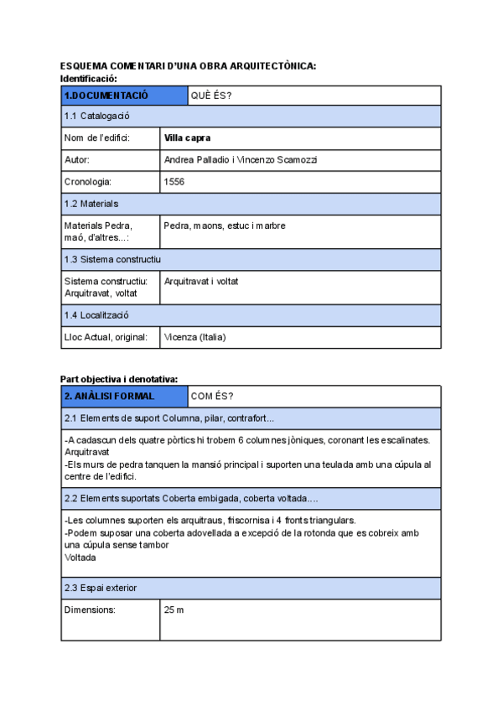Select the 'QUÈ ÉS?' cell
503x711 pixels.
point(211,96)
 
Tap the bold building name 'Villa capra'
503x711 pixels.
point(187,138)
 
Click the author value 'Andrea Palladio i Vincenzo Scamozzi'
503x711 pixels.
point(241,159)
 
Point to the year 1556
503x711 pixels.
point(174,181)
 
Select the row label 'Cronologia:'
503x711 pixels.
point(88,181)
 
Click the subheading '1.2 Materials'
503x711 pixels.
point(91,204)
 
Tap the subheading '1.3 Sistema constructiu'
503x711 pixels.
point(112,259)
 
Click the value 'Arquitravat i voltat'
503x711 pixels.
point(201,282)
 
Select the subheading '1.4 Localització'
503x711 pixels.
point(96,315)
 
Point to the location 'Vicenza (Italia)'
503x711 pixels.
point(195,337)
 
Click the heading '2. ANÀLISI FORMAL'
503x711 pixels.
point(109,396)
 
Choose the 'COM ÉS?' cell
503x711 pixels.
point(212,396)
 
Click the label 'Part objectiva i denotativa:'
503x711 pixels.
point(119,379)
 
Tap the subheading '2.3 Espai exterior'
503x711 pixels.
point(100,588)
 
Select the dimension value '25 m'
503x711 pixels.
point(174,610)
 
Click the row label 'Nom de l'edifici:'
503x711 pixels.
point(96,138)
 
